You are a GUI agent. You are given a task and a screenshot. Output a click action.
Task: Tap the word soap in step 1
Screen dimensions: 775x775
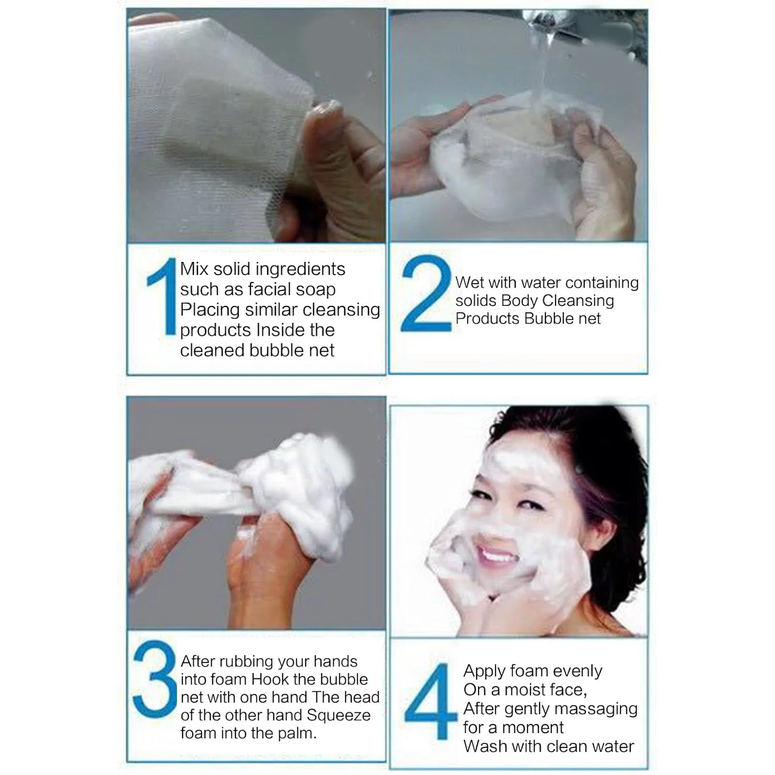click(x=316, y=289)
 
